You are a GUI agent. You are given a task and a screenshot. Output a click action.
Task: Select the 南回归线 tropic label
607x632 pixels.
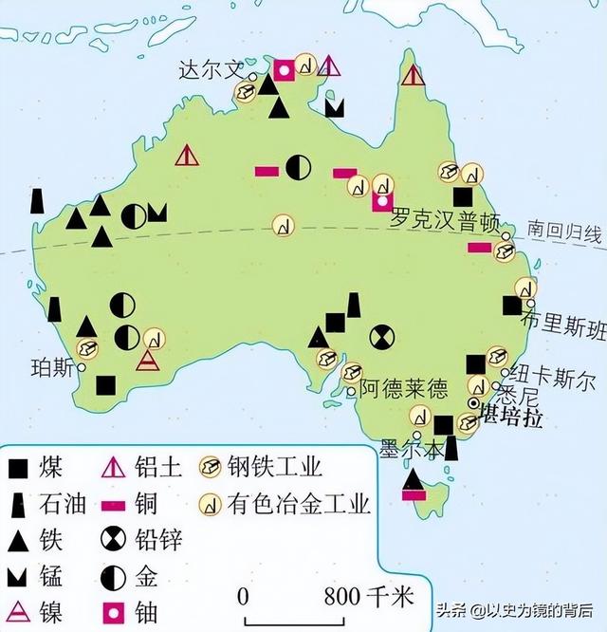(x=565, y=232)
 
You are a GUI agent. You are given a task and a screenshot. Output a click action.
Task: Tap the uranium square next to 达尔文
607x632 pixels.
(x=284, y=68)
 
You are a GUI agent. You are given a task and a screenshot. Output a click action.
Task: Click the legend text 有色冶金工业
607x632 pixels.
(x=299, y=504)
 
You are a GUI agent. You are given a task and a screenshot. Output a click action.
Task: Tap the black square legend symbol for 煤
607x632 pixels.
(x=17, y=467)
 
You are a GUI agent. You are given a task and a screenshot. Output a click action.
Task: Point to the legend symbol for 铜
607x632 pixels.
(x=114, y=503)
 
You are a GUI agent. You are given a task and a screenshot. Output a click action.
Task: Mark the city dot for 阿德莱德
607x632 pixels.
(x=351, y=389)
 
